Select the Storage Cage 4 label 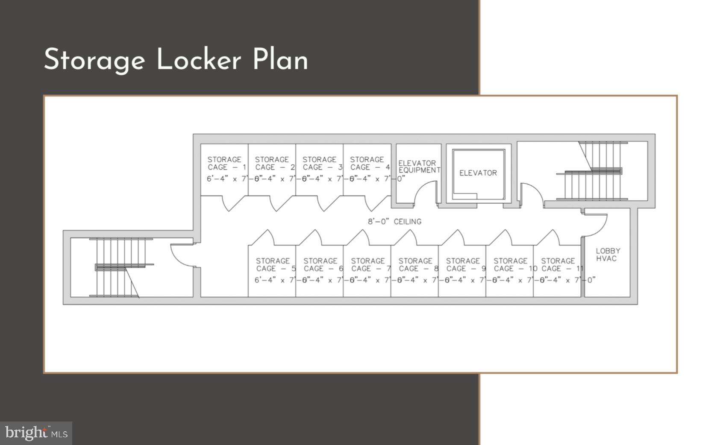coord(369,164)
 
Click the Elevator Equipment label coord(418,167)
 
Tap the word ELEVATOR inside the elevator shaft coord(478,173)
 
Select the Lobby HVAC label coord(607,255)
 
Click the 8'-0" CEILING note coord(394,222)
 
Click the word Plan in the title coord(280,59)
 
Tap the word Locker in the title coord(199,59)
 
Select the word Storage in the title coord(94,60)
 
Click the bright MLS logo coord(36,433)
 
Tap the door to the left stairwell coord(181,255)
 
